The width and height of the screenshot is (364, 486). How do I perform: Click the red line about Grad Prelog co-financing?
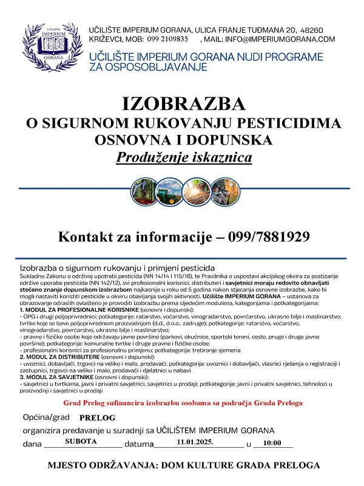point(182,403)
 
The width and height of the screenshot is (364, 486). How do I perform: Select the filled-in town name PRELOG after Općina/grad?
point(96,419)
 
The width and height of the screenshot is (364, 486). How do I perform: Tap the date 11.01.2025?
point(195,443)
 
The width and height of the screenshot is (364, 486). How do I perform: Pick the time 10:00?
point(274,443)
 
